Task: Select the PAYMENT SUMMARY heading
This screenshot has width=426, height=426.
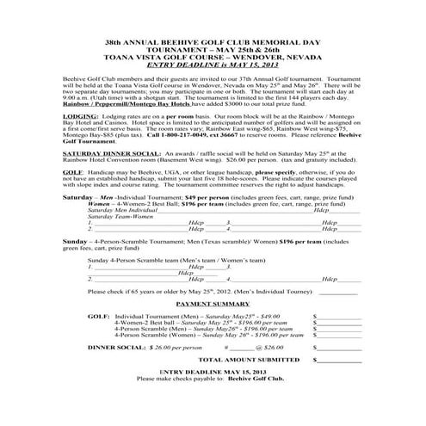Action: pyautogui.click(x=213, y=305)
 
